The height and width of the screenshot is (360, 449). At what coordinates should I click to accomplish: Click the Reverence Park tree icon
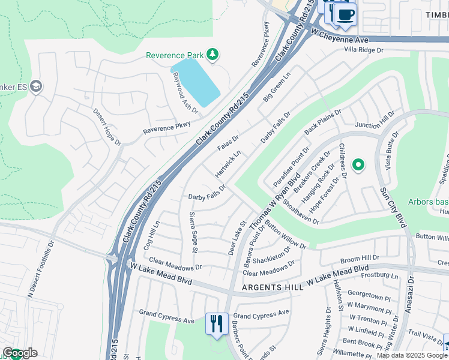pyautogui.click(x=212, y=55)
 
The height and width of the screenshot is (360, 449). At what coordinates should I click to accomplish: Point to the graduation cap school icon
pyautogui.click(x=36, y=86)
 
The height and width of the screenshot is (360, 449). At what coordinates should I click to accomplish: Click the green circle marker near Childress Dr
pyautogui.click(x=358, y=164)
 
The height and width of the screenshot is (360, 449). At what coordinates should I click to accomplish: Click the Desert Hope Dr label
pyautogui.click(x=107, y=127)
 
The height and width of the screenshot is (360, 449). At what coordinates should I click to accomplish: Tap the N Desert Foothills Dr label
pyautogui.click(x=40, y=270)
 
